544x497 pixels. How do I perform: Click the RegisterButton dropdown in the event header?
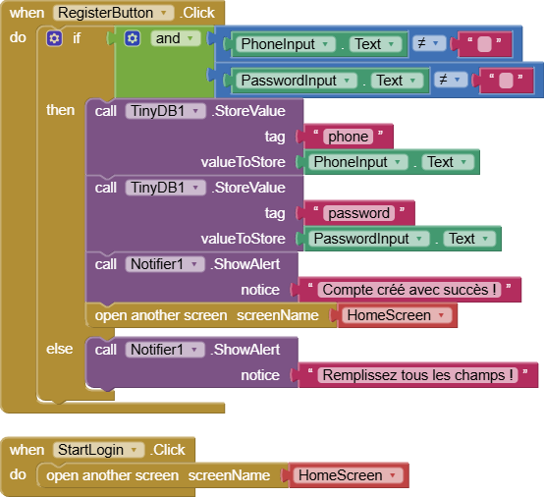click(113, 13)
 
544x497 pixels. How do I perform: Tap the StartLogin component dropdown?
click(98, 450)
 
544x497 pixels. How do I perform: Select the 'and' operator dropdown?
click(176, 38)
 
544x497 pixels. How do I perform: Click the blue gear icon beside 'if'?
click(54, 38)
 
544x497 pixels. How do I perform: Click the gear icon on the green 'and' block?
click(133, 38)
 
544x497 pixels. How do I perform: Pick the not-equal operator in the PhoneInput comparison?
click(429, 43)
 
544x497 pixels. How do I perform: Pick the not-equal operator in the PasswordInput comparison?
click(451, 80)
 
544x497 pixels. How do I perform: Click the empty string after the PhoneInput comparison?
click(485, 44)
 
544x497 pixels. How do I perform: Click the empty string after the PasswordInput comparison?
click(506, 81)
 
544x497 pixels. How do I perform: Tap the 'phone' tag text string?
click(348, 137)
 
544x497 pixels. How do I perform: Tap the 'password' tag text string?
click(358, 213)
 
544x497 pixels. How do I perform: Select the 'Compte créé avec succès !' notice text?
click(409, 290)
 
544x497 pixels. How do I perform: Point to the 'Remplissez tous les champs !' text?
click(417, 375)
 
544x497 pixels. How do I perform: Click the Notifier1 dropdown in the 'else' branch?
click(164, 350)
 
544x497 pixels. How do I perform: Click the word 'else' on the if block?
click(60, 349)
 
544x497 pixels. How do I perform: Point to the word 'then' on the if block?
click(61, 110)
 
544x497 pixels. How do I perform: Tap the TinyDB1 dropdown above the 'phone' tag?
click(165, 111)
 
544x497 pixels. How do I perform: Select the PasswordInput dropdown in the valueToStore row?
click(369, 239)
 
